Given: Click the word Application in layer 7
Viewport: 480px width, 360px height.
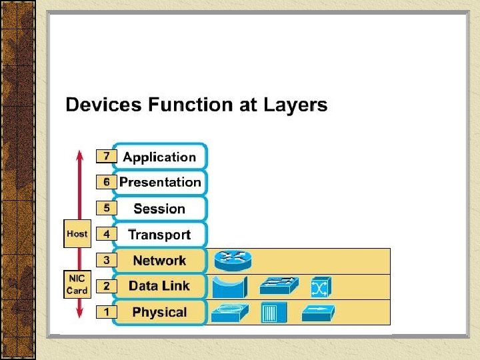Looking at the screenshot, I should point(159,157).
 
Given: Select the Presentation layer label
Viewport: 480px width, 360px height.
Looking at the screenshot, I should point(160,182).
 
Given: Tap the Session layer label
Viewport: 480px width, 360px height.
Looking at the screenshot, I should point(159,209).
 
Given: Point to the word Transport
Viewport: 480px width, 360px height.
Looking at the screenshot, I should point(159,235).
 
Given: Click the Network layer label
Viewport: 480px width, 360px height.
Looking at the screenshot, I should point(159,261).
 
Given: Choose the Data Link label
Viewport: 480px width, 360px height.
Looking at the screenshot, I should point(159,286).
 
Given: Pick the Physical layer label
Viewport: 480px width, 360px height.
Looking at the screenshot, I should point(159,312).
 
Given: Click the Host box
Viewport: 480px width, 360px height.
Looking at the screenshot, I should point(77,234).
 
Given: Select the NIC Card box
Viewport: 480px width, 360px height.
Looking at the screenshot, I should point(77,285).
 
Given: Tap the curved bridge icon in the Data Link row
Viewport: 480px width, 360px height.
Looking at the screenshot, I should point(229,287).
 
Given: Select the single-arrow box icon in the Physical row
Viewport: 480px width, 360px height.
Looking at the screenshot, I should point(317,312).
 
